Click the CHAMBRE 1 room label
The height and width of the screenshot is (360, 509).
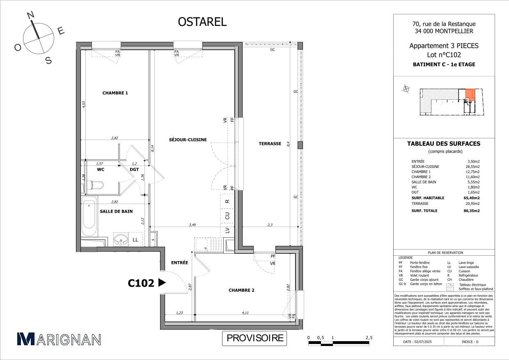click(115, 93)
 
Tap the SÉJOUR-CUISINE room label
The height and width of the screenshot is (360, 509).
click(188, 140)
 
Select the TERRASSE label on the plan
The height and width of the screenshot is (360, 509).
click(270, 144)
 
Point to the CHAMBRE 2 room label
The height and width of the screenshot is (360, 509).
click(241, 290)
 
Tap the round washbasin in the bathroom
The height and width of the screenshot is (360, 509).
click(120, 239)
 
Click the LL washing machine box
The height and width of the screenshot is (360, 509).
click(135, 239)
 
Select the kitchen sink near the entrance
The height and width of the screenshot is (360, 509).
click(202, 245)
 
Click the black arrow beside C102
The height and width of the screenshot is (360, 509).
click(162, 283)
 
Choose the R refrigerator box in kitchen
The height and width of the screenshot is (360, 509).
click(227, 201)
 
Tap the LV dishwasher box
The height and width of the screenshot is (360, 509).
click(227, 231)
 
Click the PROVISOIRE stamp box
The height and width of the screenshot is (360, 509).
click(255, 338)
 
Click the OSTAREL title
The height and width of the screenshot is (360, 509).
click(202, 22)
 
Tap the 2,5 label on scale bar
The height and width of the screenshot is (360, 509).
click(369, 338)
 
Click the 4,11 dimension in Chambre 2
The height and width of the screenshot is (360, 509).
click(245, 313)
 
